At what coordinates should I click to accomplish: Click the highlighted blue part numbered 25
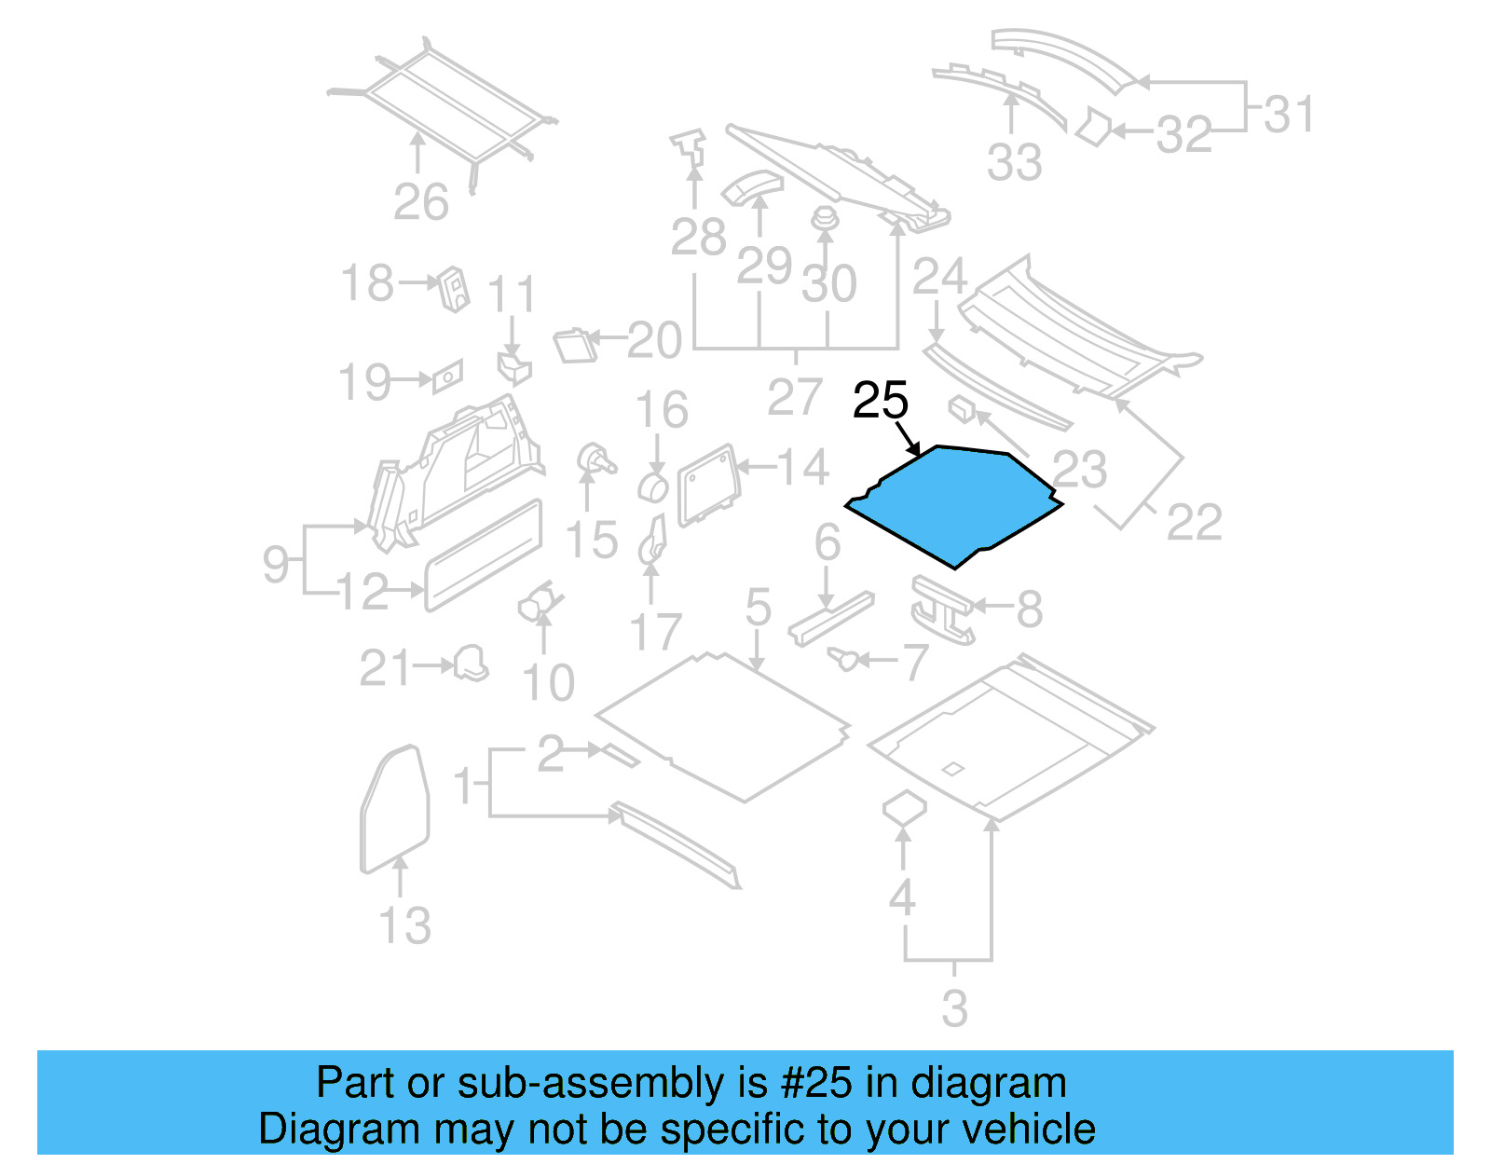point(955,503)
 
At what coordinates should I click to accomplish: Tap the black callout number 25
point(880,401)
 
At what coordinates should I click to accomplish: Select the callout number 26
point(421,201)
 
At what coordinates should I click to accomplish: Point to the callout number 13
point(405,925)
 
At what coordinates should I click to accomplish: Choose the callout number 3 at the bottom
point(954,1008)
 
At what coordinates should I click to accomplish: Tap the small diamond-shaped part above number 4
point(903,807)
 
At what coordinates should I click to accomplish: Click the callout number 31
point(1289,115)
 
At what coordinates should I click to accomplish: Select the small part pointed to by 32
point(1093,127)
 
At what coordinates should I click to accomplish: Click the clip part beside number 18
point(455,288)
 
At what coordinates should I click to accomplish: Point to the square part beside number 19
point(446,376)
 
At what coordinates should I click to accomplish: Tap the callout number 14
point(802,467)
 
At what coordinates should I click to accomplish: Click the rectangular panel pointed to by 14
point(710,483)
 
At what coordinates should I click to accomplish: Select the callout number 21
point(385,668)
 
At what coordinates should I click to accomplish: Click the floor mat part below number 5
point(722,727)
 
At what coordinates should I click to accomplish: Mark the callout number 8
point(1029,609)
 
